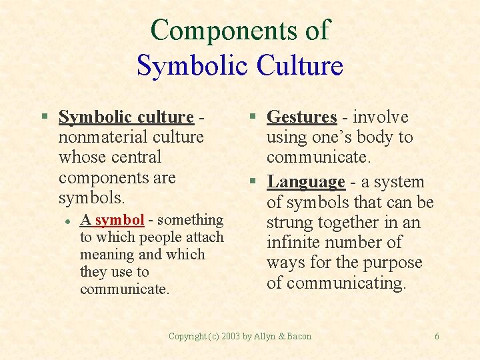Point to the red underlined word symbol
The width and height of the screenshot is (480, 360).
click(x=119, y=220)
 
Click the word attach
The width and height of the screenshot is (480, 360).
click(x=203, y=237)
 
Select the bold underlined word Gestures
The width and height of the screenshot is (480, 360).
click(x=301, y=117)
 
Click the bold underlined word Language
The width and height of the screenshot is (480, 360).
click(x=305, y=182)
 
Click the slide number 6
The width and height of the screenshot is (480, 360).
click(x=437, y=337)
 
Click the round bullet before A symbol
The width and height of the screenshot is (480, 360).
click(x=67, y=221)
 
